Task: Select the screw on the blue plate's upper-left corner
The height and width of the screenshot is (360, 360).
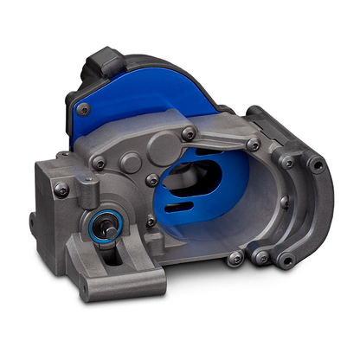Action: (x=86, y=109)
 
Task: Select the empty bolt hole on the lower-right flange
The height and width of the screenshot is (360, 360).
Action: (x=260, y=256)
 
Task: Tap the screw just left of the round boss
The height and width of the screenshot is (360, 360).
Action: (x=102, y=162)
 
